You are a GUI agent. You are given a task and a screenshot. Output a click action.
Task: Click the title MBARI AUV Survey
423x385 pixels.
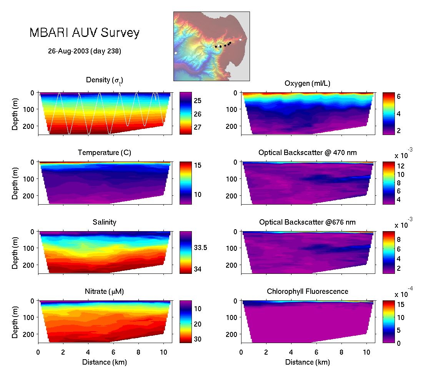[84, 33]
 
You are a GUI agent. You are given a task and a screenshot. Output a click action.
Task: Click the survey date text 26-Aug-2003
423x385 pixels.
[85, 51]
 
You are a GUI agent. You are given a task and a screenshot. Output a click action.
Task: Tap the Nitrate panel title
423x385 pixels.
[104, 292]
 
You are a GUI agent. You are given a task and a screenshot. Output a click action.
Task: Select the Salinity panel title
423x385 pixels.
[104, 222]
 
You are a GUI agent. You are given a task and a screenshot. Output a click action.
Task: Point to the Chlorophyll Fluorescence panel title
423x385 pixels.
[307, 292]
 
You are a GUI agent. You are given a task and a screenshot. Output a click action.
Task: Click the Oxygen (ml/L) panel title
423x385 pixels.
[307, 83]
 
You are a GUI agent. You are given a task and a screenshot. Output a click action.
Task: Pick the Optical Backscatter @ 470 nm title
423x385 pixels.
[307, 153]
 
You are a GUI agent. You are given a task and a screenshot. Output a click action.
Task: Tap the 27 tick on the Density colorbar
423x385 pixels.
[197, 127]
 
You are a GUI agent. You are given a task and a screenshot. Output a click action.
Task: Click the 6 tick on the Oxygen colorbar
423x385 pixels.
[399, 97]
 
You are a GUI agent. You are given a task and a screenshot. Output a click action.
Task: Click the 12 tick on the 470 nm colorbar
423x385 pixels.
[400, 166]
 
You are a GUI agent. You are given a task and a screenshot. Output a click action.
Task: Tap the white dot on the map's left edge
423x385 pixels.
[176, 53]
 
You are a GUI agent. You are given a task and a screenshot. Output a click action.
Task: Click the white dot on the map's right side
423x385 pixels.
[240, 39]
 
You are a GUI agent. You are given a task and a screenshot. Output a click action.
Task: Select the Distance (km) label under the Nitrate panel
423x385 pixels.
[104, 362]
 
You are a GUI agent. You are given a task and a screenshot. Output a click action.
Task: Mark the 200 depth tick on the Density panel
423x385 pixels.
[30, 126]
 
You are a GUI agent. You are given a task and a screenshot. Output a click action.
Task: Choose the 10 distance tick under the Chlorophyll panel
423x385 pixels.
[366, 352]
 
